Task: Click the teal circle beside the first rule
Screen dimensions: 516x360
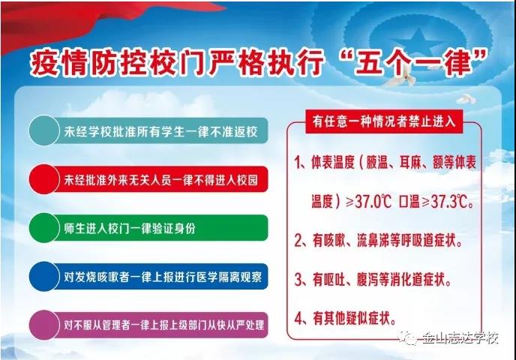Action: coord(43,130)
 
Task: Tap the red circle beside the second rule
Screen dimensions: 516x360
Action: coord(43,179)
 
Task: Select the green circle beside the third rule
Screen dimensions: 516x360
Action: coord(43,228)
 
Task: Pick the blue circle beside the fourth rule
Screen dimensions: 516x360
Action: coord(43,277)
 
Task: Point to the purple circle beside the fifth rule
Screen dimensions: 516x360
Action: coord(43,325)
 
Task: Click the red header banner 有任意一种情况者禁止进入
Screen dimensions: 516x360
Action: coord(384,121)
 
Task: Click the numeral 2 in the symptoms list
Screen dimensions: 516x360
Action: coord(298,241)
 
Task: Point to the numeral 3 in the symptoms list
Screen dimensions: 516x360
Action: coord(298,280)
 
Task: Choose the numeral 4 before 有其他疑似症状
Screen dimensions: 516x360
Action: coord(298,318)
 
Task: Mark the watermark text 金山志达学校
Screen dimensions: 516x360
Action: coord(460,338)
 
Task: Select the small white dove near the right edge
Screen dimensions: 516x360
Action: coord(466,99)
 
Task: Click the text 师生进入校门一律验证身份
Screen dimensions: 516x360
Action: coord(130,228)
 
